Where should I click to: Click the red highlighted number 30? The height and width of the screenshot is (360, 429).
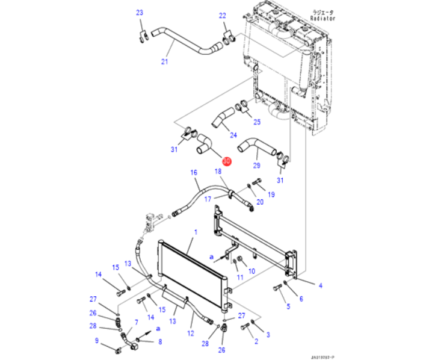(226, 161)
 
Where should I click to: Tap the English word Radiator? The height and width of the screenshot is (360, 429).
(323, 19)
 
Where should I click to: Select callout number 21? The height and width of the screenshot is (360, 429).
(164, 61)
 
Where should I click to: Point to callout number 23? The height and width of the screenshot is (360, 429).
(140, 13)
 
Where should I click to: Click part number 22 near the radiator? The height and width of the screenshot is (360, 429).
(222, 16)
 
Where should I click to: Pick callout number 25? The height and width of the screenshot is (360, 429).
(257, 122)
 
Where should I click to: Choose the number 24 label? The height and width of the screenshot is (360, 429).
(233, 135)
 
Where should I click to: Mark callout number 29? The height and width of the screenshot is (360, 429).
(256, 165)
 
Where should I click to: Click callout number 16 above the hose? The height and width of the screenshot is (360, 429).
(194, 173)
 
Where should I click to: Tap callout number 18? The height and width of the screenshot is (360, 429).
(218, 172)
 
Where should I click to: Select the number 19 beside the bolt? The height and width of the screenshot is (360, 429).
(271, 194)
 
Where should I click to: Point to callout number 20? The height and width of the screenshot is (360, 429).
(259, 202)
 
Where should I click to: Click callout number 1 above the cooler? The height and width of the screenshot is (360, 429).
(195, 232)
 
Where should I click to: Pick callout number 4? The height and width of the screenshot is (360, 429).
(320, 285)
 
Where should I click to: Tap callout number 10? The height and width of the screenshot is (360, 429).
(252, 272)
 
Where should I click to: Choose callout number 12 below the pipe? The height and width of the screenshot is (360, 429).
(190, 333)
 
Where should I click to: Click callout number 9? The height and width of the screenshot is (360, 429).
(96, 341)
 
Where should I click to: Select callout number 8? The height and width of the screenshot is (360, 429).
(160, 342)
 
